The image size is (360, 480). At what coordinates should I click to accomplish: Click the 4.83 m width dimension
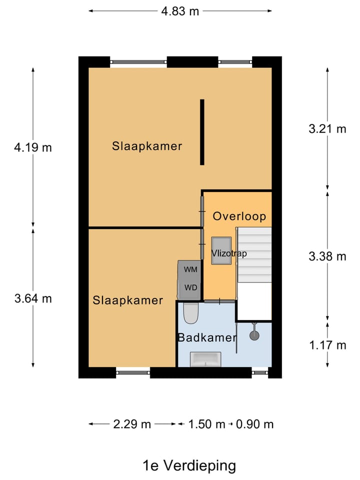click(180, 11)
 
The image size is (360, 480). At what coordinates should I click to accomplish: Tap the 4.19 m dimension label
click(33, 147)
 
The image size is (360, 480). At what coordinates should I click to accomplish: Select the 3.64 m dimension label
click(33, 298)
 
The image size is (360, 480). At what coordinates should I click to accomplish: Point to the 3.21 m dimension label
click(327, 129)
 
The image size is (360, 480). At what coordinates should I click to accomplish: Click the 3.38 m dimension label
click(327, 256)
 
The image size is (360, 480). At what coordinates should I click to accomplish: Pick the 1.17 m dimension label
click(327, 345)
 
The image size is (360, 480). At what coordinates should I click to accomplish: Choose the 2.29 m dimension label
click(132, 424)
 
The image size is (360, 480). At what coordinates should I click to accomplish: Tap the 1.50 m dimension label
click(206, 424)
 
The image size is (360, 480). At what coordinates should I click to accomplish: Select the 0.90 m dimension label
click(254, 424)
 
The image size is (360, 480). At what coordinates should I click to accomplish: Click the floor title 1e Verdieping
click(189, 465)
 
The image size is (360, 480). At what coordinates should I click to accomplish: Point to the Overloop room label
click(239, 216)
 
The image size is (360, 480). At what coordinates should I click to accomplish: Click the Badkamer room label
click(207, 337)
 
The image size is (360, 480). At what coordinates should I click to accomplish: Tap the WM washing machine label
click(190, 269)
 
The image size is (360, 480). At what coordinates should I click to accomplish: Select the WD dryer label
click(190, 287)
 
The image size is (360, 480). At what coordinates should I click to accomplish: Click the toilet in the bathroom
click(191, 313)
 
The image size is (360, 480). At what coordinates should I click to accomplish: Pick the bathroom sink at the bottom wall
click(205, 359)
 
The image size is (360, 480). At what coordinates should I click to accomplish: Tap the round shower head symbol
click(254, 335)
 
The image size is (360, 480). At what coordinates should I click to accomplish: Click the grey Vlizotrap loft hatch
click(221, 250)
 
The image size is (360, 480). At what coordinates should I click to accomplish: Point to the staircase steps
click(254, 254)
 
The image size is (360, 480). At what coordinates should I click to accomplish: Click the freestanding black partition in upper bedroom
click(202, 132)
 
